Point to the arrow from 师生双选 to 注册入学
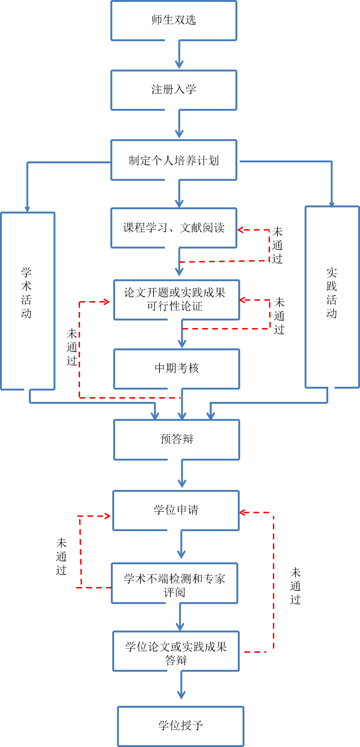click(x=179, y=55)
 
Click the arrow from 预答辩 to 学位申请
click(x=182, y=474)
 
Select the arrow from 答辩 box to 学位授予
click(x=181, y=685)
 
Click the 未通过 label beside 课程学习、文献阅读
click(x=278, y=245)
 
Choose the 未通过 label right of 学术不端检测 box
click(x=296, y=586)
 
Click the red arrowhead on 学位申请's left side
click(x=107, y=516)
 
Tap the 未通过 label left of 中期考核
click(x=72, y=347)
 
